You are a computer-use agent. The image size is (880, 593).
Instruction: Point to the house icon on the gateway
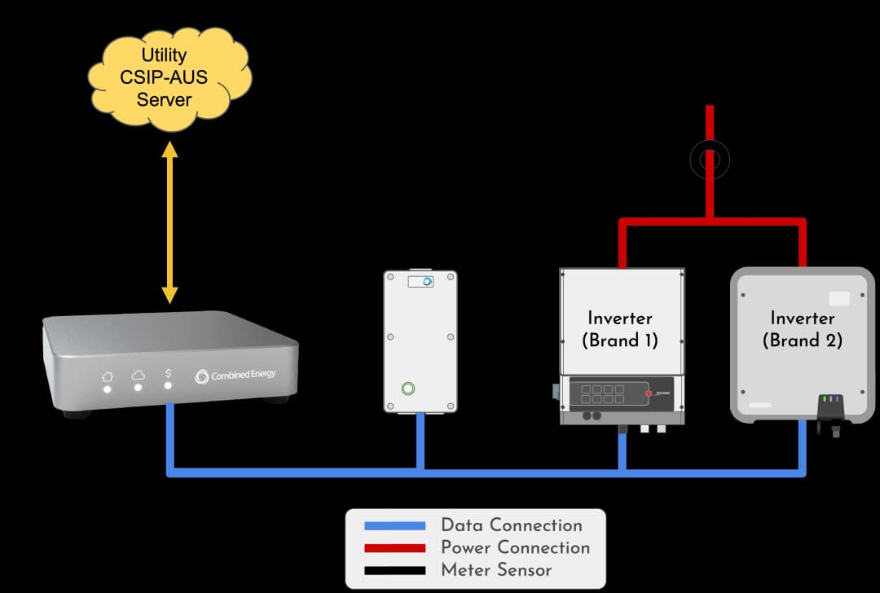[107, 376]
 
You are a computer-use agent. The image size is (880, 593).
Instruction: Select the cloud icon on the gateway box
[138, 375]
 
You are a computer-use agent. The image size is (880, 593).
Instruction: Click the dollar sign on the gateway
[169, 374]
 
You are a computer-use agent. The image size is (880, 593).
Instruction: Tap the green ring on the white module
[408, 389]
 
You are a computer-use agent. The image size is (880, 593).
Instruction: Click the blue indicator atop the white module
[426, 281]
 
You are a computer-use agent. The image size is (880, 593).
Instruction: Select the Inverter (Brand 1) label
[620, 329]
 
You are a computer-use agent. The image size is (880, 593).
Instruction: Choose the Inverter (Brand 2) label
[802, 329]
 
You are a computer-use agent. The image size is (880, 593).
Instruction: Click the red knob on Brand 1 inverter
[649, 393]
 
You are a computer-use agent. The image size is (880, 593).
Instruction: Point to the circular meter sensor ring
[709, 160]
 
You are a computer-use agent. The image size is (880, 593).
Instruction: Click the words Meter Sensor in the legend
[496, 570]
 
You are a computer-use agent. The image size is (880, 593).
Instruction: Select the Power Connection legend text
[515, 547]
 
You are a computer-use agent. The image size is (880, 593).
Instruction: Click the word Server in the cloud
[164, 100]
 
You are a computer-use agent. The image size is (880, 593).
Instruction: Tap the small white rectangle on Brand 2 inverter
[838, 298]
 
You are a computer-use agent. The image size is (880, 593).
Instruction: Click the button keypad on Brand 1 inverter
[603, 394]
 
